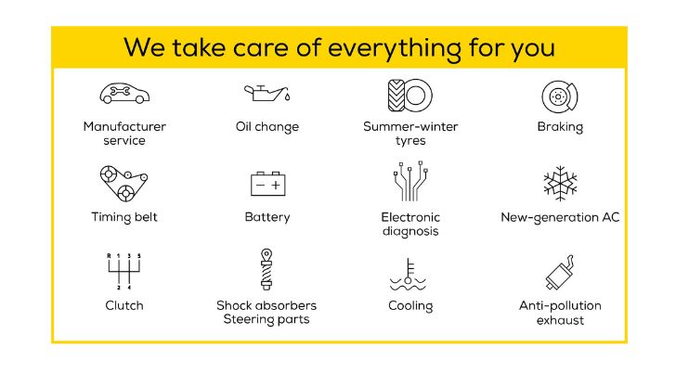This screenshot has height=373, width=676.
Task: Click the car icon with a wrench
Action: [x=124, y=93]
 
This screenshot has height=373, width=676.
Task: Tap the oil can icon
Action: [x=264, y=93]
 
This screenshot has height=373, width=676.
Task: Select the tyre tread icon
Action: [x=410, y=96]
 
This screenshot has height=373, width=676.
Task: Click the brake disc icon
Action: [x=560, y=96]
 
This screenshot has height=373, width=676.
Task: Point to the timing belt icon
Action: [x=123, y=183]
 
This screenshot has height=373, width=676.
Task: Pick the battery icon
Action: [x=267, y=184]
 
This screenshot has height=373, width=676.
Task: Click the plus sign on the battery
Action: [x=276, y=186]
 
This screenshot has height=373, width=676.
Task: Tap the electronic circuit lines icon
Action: [x=410, y=181]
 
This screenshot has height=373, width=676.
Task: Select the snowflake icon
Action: [x=560, y=184]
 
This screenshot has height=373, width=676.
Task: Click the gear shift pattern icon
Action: [x=123, y=271]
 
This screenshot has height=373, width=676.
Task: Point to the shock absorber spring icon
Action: [x=266, y=269]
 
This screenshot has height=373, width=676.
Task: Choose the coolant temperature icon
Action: [x=408, y=275]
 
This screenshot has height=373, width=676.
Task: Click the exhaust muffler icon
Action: [x=560, y=272]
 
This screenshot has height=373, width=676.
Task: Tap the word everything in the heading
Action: [x=394, y=48]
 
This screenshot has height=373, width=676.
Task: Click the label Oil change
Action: [x=267, y=127]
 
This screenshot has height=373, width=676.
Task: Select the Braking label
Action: [x=560, y=127]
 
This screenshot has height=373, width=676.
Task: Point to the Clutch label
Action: [x=124, y=305]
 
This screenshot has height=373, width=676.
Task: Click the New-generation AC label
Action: [x=560, y=217]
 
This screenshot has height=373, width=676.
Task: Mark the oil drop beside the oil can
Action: [x=288, y=96]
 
